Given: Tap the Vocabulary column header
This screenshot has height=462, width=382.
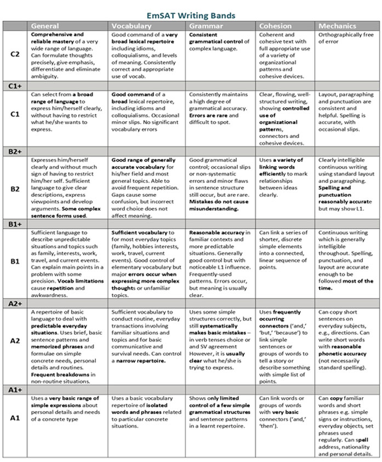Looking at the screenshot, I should pyautogui.click(x=131, y=26).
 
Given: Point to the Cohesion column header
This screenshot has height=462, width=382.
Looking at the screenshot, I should pyautogui.click(x=275, y=26).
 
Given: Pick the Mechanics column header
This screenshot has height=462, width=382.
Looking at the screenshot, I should pyautogui.click(x=337, y=26).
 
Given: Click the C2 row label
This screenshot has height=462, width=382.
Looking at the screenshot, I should pyautogui.click(x=15, y=55).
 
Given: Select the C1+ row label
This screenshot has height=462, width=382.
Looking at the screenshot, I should pyautogui.click(x=15, y=86).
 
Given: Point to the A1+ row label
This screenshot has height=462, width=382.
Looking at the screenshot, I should pyautogui.click(x=15, y=390).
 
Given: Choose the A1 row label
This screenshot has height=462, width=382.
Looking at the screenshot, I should pyautogui.click(x=15, y=418).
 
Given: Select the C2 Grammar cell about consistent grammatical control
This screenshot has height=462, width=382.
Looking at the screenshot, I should pyautogui.click(x=219, y=41).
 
